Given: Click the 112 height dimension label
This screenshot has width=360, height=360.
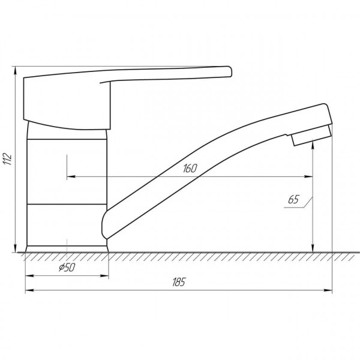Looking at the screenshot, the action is [8, 158].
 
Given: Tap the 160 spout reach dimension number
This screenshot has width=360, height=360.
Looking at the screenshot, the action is [190, 168].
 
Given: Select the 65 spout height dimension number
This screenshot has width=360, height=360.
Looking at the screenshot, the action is [293, 199].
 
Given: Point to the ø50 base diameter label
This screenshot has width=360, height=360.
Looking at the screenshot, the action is [67, 267].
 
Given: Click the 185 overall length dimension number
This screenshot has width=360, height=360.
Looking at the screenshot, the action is [179, 282].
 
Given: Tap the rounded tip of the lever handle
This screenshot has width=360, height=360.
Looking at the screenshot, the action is [230, 71].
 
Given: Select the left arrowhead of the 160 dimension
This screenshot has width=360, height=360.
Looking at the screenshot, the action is [71, 176].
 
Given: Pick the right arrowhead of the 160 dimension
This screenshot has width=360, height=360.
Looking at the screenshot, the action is [308, 176].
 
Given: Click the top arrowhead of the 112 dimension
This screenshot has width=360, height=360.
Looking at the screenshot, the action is [15, 70].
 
